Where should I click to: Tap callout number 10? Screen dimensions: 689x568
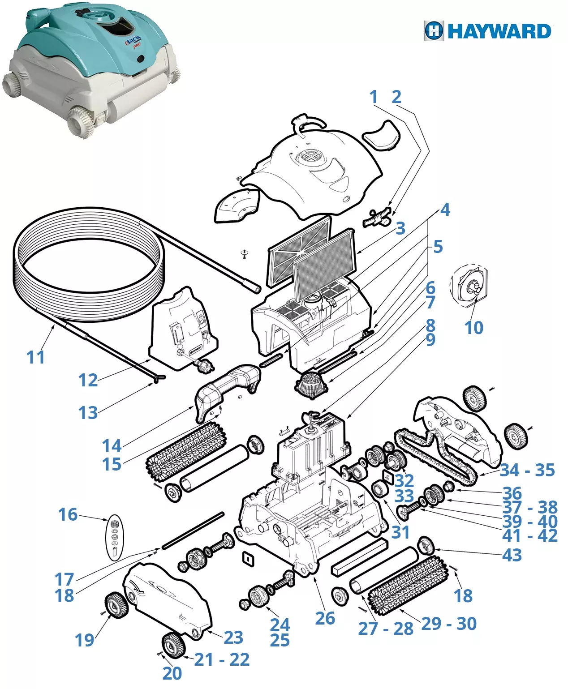click(474, 328)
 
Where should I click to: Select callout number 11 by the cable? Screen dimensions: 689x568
click(36, 357)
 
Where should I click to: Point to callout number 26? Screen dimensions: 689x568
click(325, 618)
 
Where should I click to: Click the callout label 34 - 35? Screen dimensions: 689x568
click(527, 470)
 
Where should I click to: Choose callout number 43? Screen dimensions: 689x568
click(512, 555)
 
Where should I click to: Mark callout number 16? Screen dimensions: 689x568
click(68, 514)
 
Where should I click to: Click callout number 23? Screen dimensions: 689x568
click(233, 637)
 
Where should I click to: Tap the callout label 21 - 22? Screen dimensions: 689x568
click(222, 659)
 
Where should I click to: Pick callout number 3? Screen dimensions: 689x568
click(400, 228)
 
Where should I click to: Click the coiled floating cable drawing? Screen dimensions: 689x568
click(90, 260)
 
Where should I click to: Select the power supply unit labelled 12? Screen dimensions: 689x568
click(184, 329)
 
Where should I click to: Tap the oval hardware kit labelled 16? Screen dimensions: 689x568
click(115, 537)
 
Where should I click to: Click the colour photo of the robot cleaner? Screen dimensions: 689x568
click(92, 67)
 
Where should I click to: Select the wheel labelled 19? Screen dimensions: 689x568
click(117, 605)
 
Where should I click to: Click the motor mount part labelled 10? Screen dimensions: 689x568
click(470, 287)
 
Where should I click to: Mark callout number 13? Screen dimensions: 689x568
click(88, 413)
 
